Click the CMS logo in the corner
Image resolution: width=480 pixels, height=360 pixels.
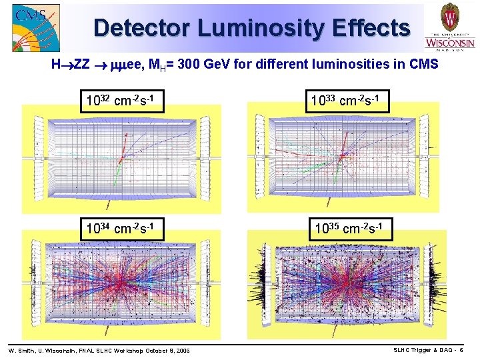(x=35, y=28)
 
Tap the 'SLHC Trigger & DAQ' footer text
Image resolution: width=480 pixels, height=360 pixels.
(x=422, y=350)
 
